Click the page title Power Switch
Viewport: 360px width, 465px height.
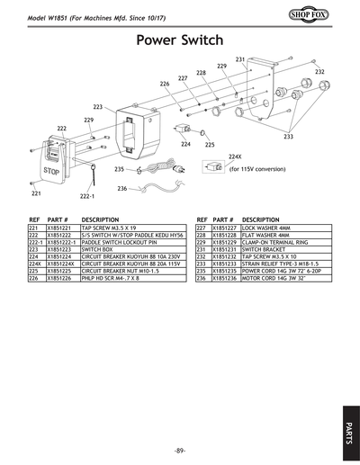click(179, 40)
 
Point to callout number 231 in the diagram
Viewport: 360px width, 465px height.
click(240, 59)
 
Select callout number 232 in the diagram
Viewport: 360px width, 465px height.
click(319, 72)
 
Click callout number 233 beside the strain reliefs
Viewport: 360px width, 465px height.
click(288, 137)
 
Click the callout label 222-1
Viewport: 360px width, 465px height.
click(87, 195)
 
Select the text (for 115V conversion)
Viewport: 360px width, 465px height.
click(257, 169)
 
